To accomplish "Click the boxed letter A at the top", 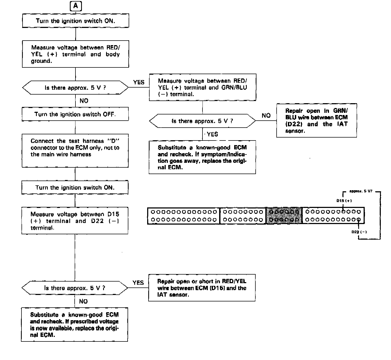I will point(76,6).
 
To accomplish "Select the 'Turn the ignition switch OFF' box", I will point(75,114).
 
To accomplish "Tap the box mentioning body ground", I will point(75,54).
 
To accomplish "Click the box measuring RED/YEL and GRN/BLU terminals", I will point(202,87).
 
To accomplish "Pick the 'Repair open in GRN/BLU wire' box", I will point(317,121).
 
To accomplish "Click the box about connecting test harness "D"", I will point(75,151).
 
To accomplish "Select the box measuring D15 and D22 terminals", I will point(75,221).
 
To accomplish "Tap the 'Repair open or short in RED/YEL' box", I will point(202,288).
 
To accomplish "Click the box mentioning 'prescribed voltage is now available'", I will point(74,325).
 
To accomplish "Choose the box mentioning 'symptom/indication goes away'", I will point(202,157).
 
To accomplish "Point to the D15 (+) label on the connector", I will point(344,201).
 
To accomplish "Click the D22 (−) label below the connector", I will point(359,232).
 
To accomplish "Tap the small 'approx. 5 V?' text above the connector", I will point(361,191).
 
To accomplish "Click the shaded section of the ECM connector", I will point(284,215).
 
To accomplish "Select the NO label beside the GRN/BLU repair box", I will point(266,116).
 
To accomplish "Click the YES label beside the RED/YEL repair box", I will point(138,283).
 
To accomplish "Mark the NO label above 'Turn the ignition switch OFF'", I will point(84,101).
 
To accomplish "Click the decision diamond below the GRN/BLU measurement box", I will point(202,121).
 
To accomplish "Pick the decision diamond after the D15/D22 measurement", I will point(75,288).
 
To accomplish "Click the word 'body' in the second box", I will point(113,54).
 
